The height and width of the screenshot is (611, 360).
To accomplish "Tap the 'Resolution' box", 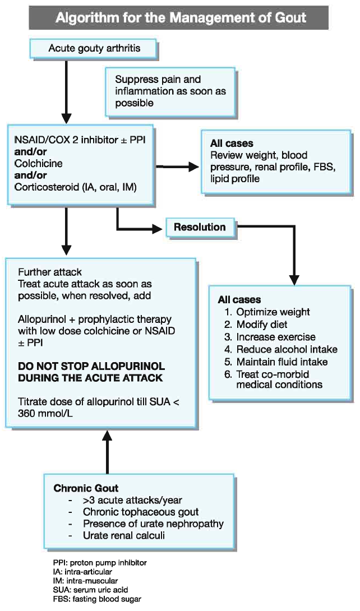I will tap(200, 227).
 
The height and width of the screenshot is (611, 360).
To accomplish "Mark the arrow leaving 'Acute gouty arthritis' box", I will tap(67, 84).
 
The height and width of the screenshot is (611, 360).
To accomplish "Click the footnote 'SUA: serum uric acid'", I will tap(89, 590).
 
